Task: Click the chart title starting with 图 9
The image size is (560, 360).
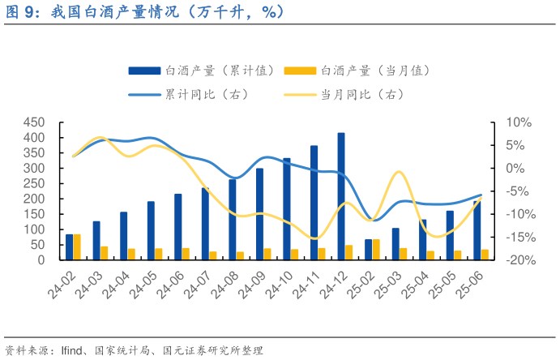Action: (x=146, y=12)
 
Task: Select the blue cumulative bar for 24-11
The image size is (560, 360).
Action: (x=314, y=203)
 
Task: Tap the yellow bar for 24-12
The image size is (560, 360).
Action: (x=349, y=252)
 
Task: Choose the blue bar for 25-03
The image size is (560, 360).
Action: (x=395, y=243)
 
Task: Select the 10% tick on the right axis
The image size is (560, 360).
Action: (x=519, y=122)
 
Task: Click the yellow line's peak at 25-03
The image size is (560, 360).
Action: (x=398, y=172)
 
